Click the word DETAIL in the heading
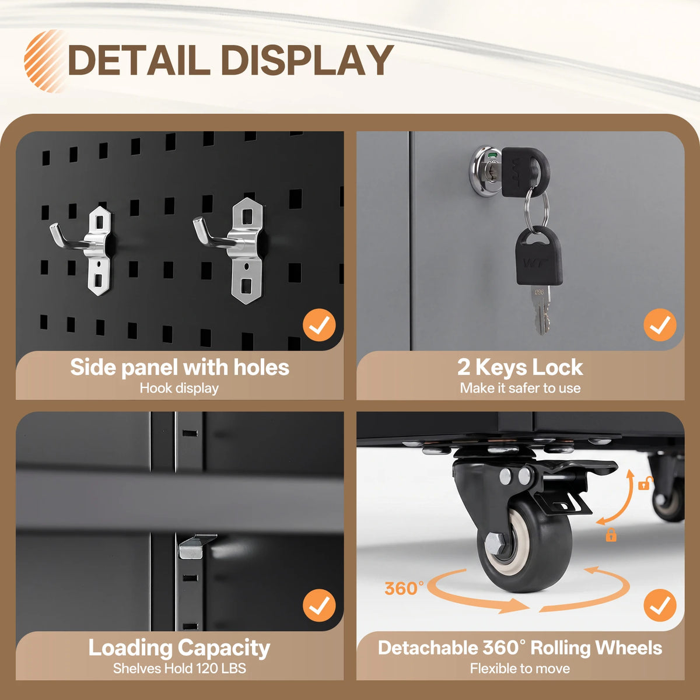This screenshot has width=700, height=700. (139, 60)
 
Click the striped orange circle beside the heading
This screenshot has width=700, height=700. (44, 61)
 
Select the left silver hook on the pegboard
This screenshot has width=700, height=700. (83, 250)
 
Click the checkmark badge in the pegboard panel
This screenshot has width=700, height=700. (319, 325)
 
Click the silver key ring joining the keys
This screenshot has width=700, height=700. (536, 209)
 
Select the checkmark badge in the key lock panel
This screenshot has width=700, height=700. (660, 325)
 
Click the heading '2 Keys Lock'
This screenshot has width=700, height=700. (520, 367)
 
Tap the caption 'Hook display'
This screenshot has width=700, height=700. (179, 388)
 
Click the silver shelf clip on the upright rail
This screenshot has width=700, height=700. (196, 546)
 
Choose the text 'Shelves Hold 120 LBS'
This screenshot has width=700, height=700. (180, 668)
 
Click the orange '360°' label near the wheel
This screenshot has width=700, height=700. (404, 589)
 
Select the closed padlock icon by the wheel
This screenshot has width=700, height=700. (611, 535)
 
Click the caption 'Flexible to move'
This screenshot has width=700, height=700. (520, 668)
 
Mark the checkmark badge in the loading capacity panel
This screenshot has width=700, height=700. (319, 605)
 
